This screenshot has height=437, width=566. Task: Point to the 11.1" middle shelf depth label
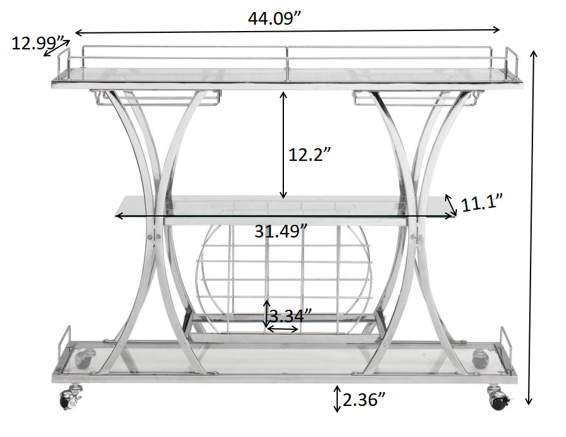pos(482,203)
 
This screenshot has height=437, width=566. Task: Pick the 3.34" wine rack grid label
pos(290,315)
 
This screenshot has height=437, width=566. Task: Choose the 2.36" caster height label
pos(364,400)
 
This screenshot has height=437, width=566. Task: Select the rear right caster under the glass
pos(480,358)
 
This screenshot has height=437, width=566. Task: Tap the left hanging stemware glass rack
pos(155,97)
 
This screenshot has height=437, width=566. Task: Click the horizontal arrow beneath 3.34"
pos(283,329)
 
